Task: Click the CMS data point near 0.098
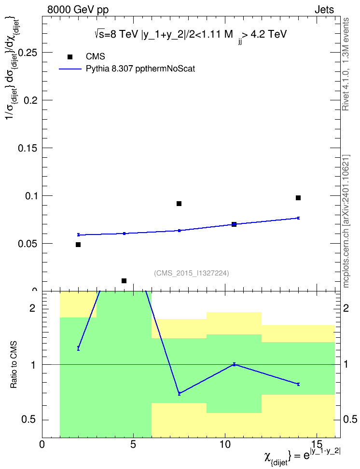pyautogui.click(x=298, y=198)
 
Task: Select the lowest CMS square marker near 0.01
pyautogui.click(x=124, y=280)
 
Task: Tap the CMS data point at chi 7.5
pyautogui.click(x=179, y=204)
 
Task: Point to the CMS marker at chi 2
pyautogui.click(x=78, y=245)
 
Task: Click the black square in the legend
pyautogui.click(x=70, y=57)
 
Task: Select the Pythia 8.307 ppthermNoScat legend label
pyautogui.click(x=140, y=69)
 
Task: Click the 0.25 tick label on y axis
pyautogui.click(x=28, y=53)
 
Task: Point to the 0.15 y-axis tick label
pyautogui.click(x=28, y=148)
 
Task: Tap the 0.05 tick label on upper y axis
pyautogui.click(x=28, y=244)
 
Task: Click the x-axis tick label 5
pyautogui.click(x=133, y=444)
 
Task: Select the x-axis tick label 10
pyautogui.click(x=225, y=444)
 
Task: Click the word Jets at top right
pyautogui.click(x=324, y=10)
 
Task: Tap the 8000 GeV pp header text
pyautogui.click(x=78, y=10)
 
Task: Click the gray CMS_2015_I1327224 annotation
pyautogui.click(x=192, y=273)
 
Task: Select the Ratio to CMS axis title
pyautogui.click(x=14, y=365)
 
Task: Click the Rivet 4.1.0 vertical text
pyautogui.click(x=346, y=64)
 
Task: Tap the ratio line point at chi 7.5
pyautogui.click(x=179, y=393)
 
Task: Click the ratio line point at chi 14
pyautogui.click(x=298, y=384)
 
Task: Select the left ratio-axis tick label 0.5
pyautogui.click(x=28, y=420)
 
